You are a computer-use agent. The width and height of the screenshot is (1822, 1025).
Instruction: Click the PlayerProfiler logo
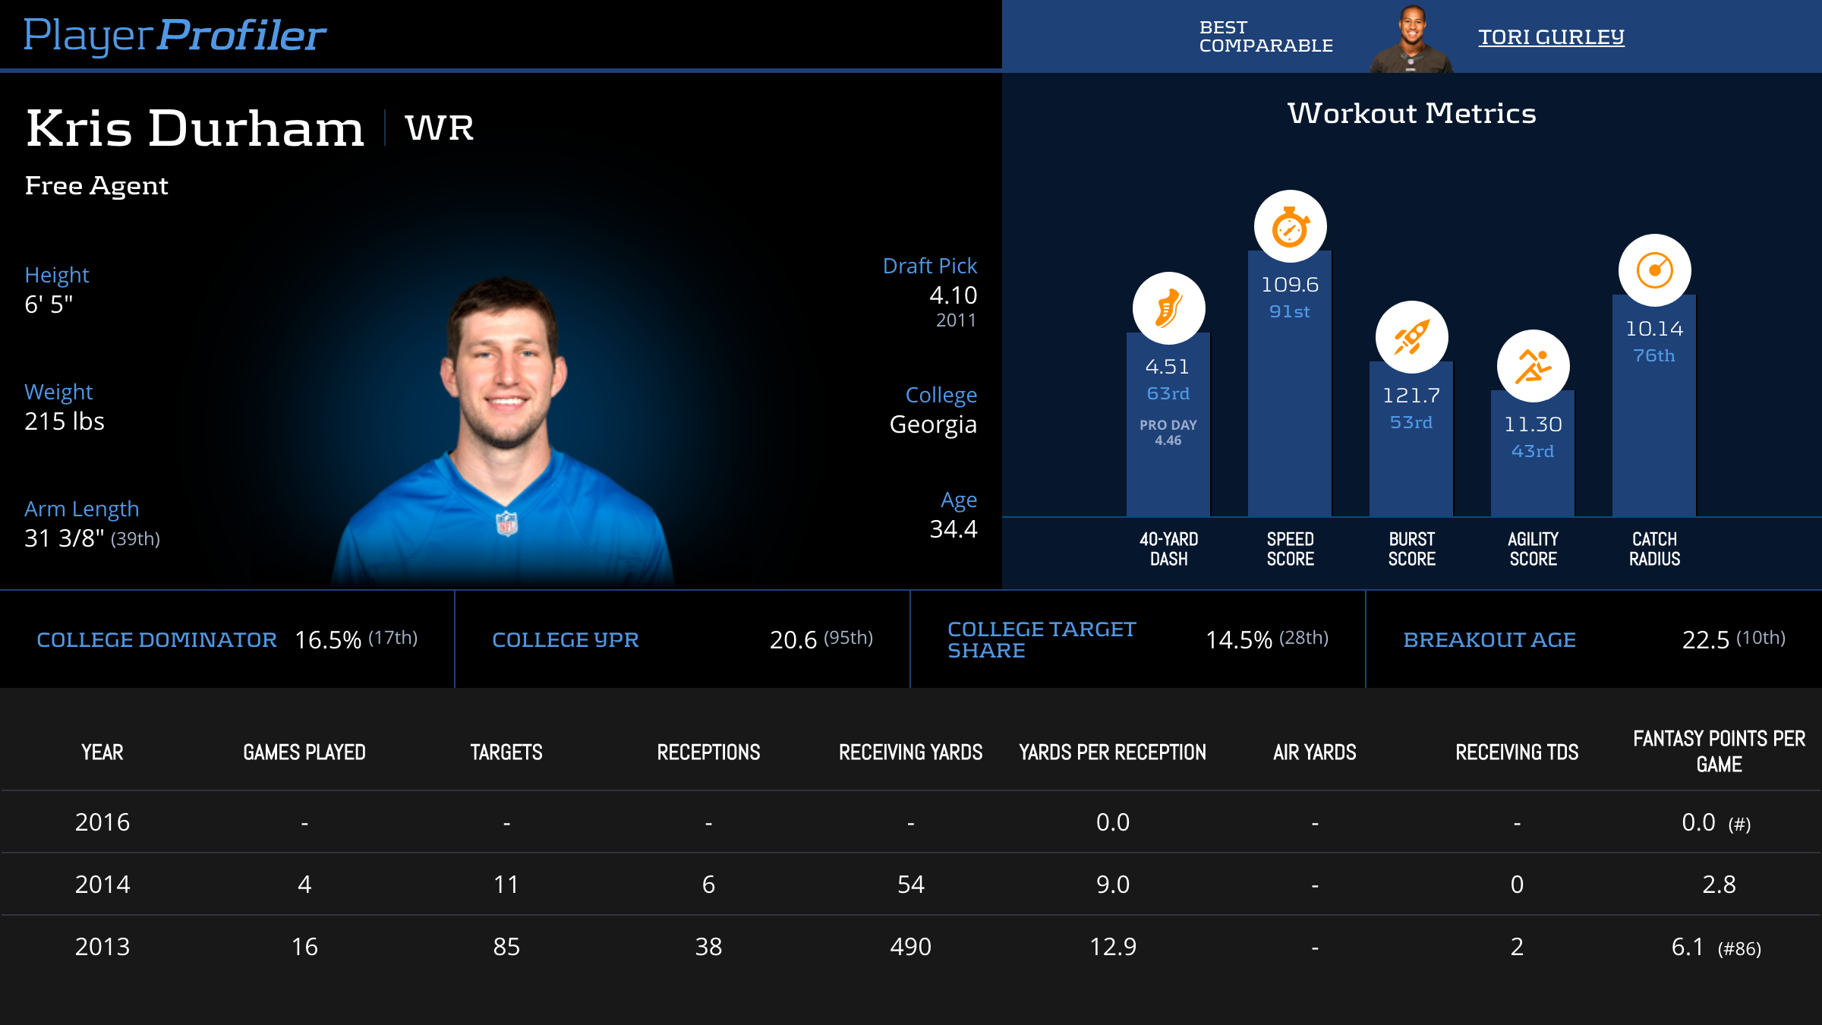pos(175,36)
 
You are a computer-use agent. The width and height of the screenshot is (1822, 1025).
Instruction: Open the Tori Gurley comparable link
pos(1550,37)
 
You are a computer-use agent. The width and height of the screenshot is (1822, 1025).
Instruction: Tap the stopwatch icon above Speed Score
pos(1290,226)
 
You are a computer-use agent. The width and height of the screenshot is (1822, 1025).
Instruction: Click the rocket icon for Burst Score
pos(1411,337)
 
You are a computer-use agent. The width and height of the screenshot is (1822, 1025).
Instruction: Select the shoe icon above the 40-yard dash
pos(1168,308)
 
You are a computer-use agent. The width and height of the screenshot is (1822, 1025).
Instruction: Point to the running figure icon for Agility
pos(1533,366)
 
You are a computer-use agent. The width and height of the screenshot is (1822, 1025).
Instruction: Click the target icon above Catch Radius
pos(1654,270)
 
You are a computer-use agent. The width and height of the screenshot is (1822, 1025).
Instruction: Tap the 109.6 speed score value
pos(1290,285)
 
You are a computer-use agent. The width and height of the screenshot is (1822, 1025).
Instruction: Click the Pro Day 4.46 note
pos(1168,432)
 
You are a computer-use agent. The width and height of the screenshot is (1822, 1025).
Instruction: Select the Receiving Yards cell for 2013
pos(910,947)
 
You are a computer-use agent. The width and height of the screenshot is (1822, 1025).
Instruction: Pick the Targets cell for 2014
pos(506,885)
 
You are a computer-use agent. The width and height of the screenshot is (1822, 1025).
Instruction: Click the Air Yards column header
pos(1314,752)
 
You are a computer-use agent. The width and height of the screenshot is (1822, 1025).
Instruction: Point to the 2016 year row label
pos(102,822)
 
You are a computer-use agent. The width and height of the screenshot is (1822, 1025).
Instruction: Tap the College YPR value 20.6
pos(793,640)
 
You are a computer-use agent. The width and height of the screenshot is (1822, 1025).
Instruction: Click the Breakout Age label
pos(1489,640)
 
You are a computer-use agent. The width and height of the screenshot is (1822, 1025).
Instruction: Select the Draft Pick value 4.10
pos(953,295)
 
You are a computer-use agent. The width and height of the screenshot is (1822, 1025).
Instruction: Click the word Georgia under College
pos(933,424)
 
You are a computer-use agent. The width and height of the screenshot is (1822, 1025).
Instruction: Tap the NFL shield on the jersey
pos(506,523)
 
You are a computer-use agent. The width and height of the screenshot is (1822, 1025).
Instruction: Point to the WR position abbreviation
pos(440,128)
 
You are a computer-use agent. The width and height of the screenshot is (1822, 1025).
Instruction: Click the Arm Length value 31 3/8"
pos(65,538)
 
